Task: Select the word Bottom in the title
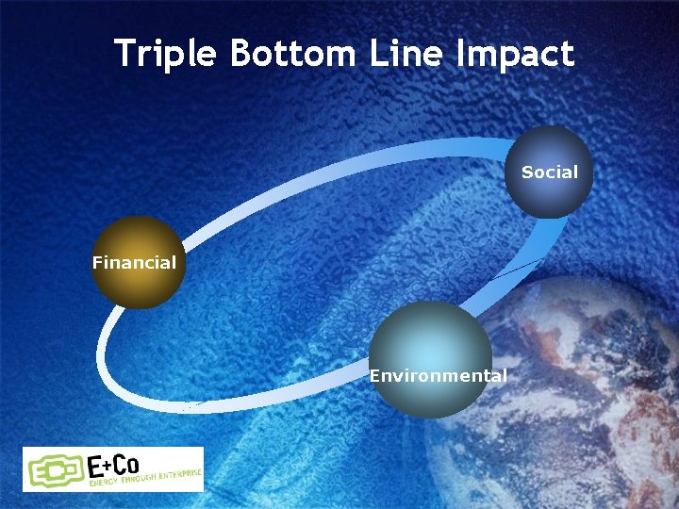[x=290, y=54]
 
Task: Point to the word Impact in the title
[x=514, y=54]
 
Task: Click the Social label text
[x=549, y=172]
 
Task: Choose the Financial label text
[x=134, y=263]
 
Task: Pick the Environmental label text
[x=438, y=376]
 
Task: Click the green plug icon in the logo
[x=56, y=469]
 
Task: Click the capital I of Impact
[x=461, y=54]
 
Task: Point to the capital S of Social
[x=526, y=172]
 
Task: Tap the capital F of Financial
[x=97, y=263]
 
